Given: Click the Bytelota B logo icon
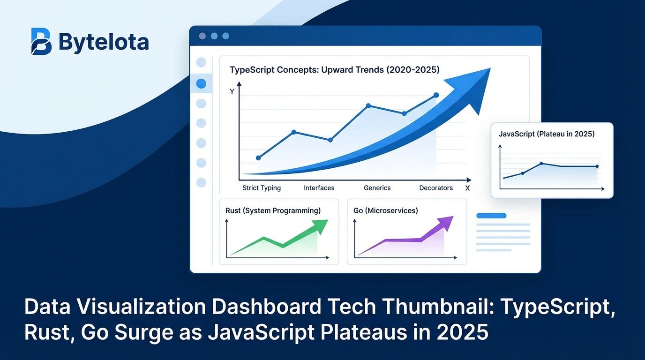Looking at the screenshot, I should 41,42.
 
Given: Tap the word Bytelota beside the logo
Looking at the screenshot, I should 104,42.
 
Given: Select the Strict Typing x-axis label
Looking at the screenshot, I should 262,188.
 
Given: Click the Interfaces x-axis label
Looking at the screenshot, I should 319,188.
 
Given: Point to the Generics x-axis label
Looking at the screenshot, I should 377,188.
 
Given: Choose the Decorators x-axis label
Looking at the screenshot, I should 436,188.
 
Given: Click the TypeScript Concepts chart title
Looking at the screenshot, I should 335,70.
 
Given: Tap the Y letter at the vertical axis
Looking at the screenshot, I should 232,92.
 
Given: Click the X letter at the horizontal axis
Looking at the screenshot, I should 467,188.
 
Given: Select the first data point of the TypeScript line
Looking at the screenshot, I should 258,158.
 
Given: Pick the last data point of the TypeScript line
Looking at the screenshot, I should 436,95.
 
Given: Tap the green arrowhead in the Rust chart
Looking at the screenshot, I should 321,226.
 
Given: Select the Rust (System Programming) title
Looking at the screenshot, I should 273,211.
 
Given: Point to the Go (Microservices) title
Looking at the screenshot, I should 385,211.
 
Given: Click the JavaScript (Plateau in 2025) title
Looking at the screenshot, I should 547,134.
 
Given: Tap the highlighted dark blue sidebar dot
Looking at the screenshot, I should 201,84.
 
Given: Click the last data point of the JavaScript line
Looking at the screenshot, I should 597,166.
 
